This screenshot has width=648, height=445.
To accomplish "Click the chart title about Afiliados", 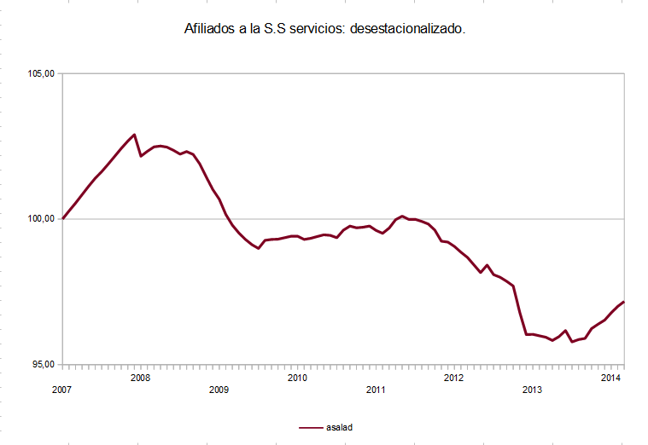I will point(324,28).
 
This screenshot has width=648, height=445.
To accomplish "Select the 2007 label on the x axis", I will point(61,389).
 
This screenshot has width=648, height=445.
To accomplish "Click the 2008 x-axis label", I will point(140,377).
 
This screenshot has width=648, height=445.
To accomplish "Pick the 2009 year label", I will point(219,389).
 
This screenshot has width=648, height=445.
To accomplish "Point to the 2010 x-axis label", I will point(296,377).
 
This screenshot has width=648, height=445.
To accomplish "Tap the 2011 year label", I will point(375,389).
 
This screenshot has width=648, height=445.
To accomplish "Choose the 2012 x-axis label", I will point(453,377).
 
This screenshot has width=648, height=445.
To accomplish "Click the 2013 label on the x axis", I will point(531,389).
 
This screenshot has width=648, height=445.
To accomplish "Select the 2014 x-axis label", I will point(610,377).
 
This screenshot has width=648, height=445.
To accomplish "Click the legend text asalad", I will point(338,426).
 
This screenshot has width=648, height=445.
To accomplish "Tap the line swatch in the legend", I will point(311,426).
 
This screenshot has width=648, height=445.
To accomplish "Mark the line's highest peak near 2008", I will point(134,135).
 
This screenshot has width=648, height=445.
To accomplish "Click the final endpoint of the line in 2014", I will point(624,302).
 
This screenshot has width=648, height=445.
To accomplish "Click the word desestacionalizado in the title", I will point(408,28).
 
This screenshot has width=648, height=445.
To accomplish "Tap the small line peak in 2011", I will point(402,217).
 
